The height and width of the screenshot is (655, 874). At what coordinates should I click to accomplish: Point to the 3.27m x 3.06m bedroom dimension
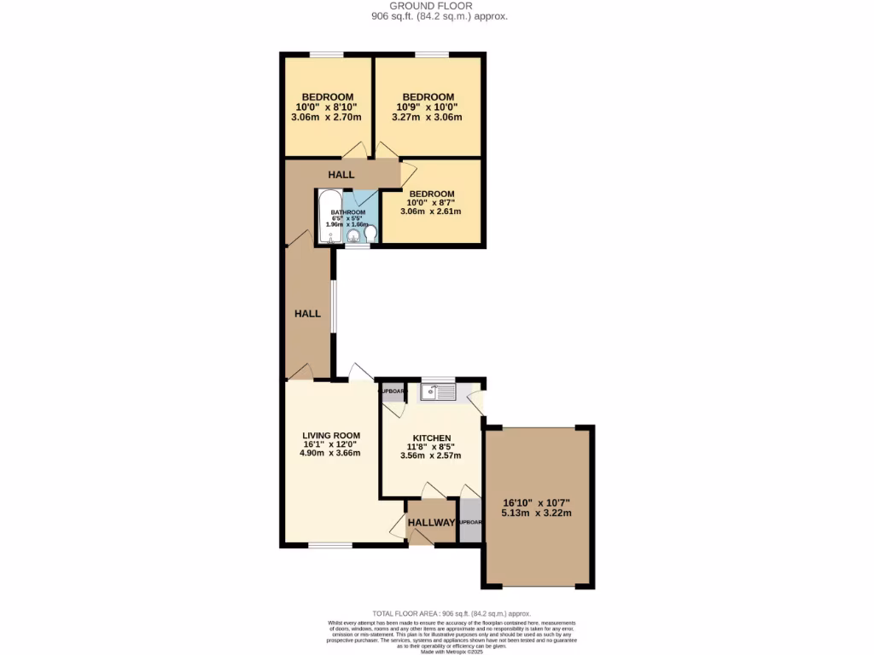(429, 118)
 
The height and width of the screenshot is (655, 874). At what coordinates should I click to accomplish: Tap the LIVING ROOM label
(330, 435)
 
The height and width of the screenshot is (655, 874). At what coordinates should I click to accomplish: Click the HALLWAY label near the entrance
(431, 523)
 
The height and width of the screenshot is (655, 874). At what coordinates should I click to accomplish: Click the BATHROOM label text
(348, 212)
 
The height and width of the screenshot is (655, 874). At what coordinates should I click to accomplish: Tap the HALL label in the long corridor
(307, 314)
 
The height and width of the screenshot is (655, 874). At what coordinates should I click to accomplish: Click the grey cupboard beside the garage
(470, 522)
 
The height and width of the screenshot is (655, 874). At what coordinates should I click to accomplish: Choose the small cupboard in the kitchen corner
(393, 392)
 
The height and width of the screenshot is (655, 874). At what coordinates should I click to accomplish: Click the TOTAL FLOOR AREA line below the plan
(452, 614)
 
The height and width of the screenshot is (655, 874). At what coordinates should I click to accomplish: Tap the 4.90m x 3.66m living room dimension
(330, 453)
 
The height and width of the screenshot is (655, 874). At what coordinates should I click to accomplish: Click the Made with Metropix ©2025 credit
(452, 652)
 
